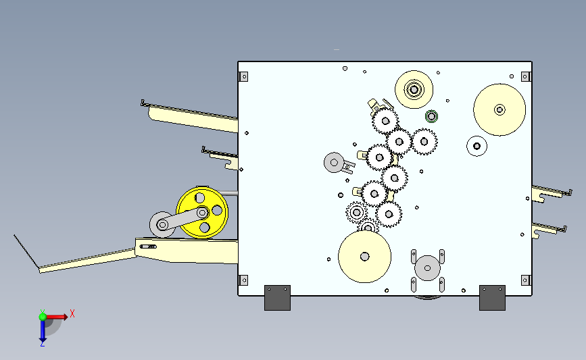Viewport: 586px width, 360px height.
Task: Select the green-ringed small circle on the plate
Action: click(431, 117)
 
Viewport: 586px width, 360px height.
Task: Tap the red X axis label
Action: click(72, 313)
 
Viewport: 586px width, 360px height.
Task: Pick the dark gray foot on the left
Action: click(277, 298)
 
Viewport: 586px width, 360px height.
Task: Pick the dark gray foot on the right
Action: click(492, 298)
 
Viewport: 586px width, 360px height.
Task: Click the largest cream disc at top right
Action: click(499, 110)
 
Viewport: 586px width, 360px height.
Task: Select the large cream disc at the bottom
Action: click(364, 257)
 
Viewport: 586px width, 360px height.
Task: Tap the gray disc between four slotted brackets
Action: click(428, 268)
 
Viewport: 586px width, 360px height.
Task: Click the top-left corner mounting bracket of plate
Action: click(244, 77)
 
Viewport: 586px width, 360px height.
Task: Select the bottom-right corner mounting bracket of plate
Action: click(525, 280)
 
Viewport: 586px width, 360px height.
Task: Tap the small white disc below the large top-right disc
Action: click(477, 146)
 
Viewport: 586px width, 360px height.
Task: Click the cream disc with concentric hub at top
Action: click(414, 90)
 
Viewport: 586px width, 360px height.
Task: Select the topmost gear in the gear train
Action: click(385, 121)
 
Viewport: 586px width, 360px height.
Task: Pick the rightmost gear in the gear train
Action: click(424, 142)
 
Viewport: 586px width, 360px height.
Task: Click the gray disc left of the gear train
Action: click(334, 163)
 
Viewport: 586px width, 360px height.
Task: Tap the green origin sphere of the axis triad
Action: click(43, 317)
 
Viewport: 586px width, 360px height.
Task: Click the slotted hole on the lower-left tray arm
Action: click(149, 247)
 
